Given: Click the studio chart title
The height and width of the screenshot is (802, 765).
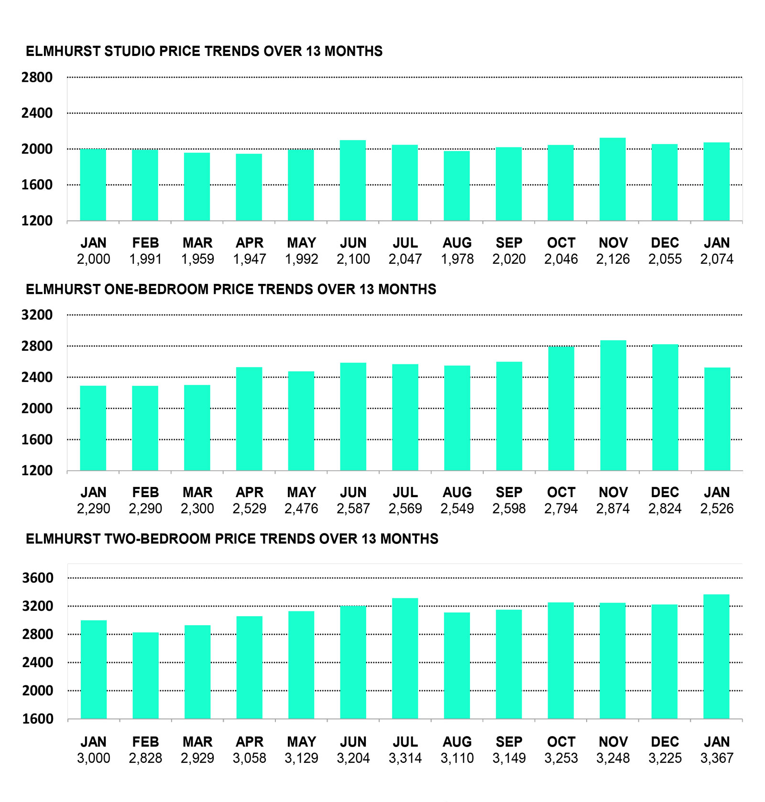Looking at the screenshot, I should click(204, 51).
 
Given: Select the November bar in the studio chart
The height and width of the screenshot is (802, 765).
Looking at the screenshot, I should click(612, 179).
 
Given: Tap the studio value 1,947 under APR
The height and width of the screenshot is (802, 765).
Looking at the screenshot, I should click(249, 259).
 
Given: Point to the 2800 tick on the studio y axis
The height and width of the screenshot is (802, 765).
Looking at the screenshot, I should click(37, 77).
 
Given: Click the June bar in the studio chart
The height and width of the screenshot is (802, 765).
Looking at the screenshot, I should click(353, 180).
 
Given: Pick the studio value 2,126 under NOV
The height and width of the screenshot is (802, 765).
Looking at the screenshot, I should click(612, 259).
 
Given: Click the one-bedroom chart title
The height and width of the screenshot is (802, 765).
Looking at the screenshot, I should click(231, 289).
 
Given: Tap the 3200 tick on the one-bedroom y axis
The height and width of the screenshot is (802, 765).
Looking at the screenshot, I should click(37, 315).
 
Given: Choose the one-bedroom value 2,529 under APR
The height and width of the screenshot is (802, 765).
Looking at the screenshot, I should click(249, 509).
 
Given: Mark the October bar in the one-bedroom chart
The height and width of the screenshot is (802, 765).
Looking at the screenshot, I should click(561, 409).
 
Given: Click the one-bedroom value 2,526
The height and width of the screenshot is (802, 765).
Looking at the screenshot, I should click(717, 509).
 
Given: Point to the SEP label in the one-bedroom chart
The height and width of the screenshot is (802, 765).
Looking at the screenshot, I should click(509, 492).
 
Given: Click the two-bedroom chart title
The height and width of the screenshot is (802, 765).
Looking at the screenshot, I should click(232, 539).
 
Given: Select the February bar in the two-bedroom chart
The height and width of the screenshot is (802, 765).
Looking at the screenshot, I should click(145, 675).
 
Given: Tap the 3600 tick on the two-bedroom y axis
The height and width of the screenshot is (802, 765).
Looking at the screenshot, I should click(38, 578).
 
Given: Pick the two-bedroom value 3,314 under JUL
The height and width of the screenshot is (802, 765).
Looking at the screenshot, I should click(405, 758).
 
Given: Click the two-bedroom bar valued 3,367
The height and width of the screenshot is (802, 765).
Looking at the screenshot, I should click(716, 657).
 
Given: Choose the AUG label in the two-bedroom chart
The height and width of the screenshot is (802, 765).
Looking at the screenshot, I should click(457, 742).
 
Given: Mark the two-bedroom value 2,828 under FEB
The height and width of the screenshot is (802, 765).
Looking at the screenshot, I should click(145, 758).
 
